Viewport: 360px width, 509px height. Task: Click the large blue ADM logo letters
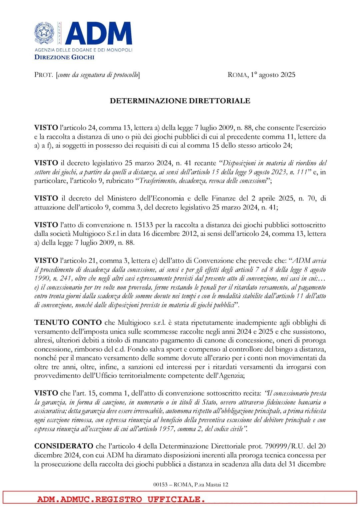(x=99, y=33)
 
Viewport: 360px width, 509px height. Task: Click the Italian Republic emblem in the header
(x=44, y=33)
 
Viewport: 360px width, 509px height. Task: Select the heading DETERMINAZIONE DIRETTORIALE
(x=180, y=101)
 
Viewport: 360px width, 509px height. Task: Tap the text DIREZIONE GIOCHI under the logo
(x=64, y=57)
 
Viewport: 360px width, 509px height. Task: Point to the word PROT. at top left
(x=43, y=75)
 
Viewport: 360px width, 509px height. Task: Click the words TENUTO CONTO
(x=68, y=322)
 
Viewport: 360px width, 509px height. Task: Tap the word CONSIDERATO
(x=64, y=446)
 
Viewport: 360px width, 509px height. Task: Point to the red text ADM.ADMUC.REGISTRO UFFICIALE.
(x=121, y=499)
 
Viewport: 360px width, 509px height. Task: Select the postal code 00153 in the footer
(x=160, y=485)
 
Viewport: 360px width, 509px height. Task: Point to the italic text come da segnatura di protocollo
(x=98, y=75)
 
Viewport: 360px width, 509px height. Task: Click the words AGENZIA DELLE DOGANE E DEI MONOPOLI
(x=83, y=50)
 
